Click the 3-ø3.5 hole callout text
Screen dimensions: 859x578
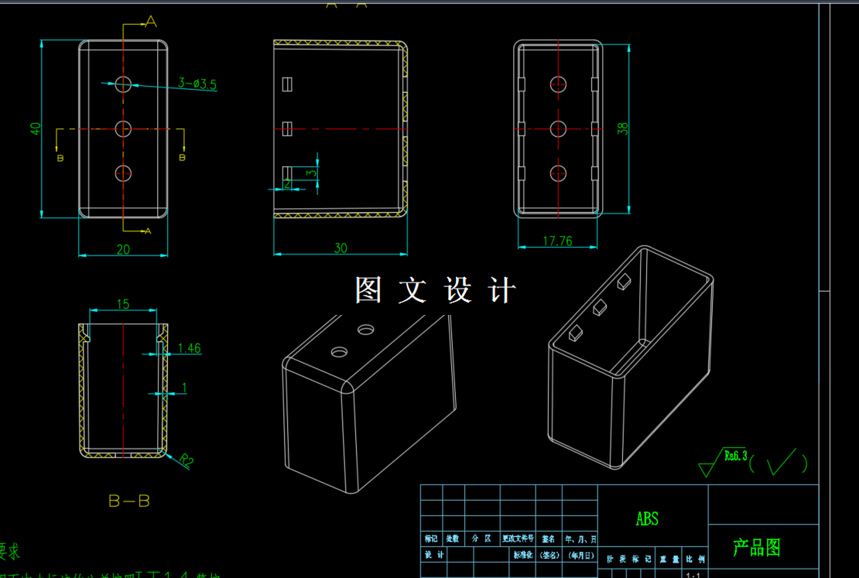coord(197,83)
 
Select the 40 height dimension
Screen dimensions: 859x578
coord(36,128)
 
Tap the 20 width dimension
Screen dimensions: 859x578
coord(123,248)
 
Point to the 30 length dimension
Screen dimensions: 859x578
coord(341,248)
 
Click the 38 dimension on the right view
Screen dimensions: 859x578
coord(623,128)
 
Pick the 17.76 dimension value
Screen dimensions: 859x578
coord(557,241)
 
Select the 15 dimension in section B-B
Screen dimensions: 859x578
coord(123,304)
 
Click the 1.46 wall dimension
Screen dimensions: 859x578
coord(189,348)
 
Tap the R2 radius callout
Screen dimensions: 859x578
coord(187,460)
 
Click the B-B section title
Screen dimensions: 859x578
coord(129,501)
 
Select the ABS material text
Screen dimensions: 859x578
coord(647,518)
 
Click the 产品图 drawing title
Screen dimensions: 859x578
coord(757,547)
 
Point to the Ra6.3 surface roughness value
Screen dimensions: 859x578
coord(735,456)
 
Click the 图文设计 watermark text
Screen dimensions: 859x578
coord(436,291)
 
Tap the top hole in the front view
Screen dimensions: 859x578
coord(124,84)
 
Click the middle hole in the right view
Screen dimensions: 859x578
coord(559,128)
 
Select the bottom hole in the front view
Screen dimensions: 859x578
coord(124,173)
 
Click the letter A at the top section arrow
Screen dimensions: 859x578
coord(152,22)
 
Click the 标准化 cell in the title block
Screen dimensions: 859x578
coord(523,555)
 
